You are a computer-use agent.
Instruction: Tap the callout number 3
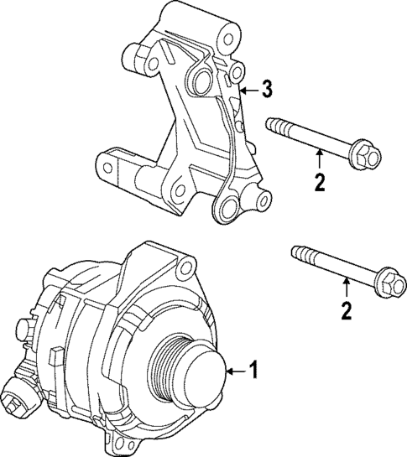tap(265, 87)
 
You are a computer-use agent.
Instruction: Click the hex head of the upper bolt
tap(368, 156)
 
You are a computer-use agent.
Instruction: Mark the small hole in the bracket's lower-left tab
tap(108, 169)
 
